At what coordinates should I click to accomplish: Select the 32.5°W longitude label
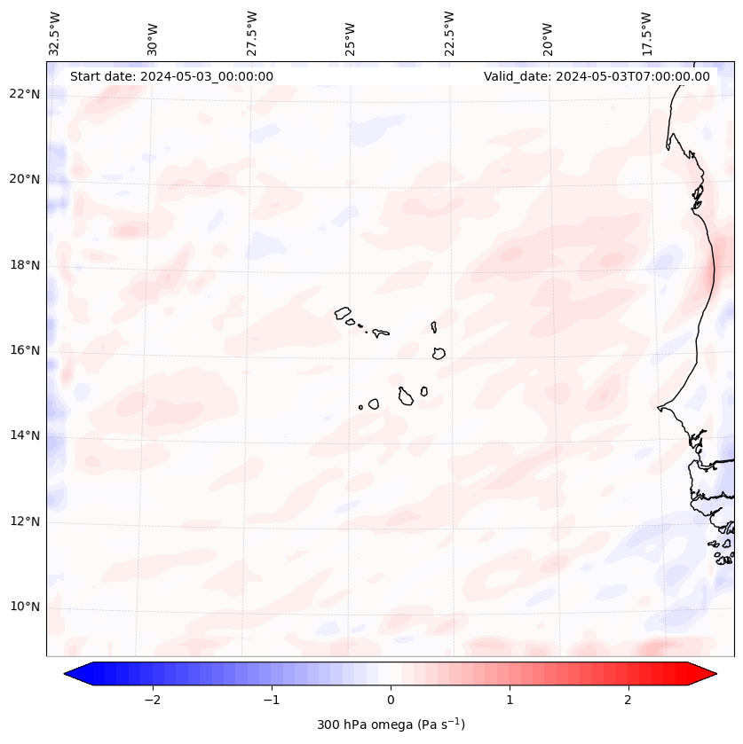pos(55,33)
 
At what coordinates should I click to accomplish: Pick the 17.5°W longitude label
pos(646,33)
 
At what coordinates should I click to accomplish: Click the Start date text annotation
pos(171,76)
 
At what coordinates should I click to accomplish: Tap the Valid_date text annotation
pos(597,76)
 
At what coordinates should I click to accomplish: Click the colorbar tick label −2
pos(152,700)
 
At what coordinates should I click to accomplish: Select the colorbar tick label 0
pos(391,700)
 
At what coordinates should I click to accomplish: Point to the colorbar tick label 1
pos(510,700)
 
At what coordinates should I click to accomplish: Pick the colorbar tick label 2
pos(628,700)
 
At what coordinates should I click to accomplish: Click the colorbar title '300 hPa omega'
pos(391,724)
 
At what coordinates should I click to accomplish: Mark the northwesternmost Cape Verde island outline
pos(343,312)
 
